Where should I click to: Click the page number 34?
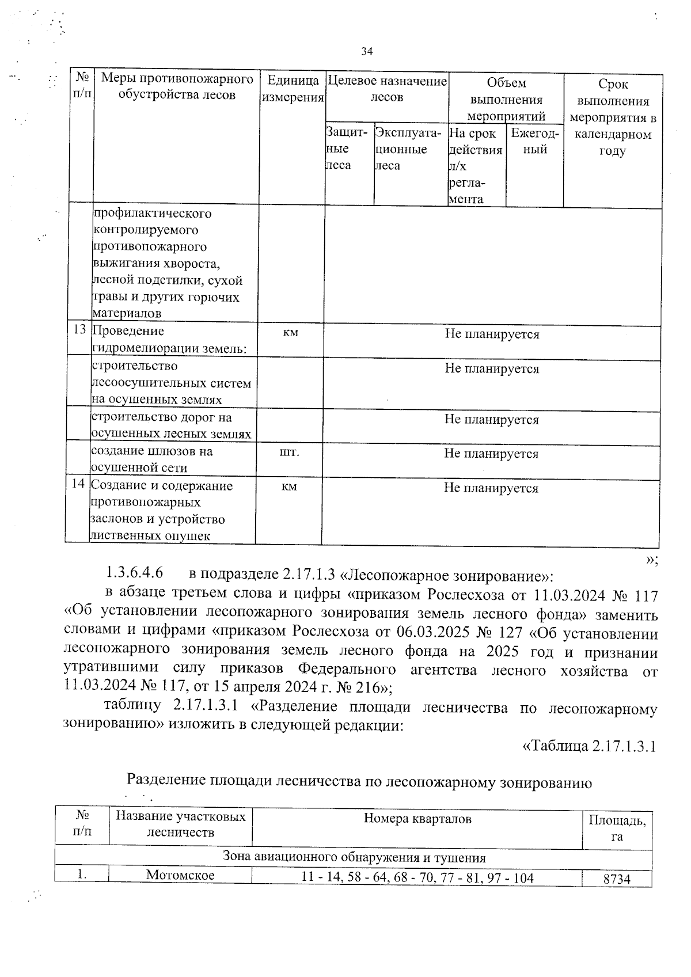(367, 52)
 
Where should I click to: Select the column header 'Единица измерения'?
(293, 89)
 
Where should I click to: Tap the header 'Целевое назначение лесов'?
(386, 89)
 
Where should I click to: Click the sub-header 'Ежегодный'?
(534, 141)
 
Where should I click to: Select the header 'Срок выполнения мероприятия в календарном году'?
(613, 117)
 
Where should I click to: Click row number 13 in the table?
(79, 330)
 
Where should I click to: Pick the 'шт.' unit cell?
(289, 453)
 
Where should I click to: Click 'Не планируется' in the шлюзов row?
(491, 454)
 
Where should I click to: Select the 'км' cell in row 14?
(289, 487)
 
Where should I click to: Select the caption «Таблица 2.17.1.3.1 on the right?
(589, 746)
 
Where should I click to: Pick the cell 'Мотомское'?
(180, 876)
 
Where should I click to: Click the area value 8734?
(617, 879)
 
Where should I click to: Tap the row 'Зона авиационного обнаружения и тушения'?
(354, 858)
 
